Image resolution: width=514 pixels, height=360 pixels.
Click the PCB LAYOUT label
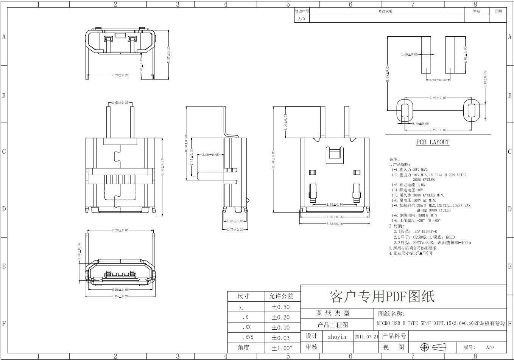pyautogui.click(x=433, y=142)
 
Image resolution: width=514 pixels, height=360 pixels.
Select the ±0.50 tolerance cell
pyautogui.click(x=280, y=307)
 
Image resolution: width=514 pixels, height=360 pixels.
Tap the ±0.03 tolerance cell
pyautogui.click(x=280, y=338)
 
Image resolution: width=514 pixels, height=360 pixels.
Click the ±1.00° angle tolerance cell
pyautogui.click(x=282, y=348)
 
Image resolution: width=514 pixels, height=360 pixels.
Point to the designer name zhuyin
pyautogui.click(x=337, y=337)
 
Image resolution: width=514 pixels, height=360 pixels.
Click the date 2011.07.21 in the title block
pyautogui.click(x=366, y=337)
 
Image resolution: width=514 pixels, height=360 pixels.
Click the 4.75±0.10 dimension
pyautogui.click(x=335, y=205)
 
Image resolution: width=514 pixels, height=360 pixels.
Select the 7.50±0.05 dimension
pyautogui.click(x=335, y=217)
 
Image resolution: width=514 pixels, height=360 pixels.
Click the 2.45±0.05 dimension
pyautogui.click(x=234, y=221)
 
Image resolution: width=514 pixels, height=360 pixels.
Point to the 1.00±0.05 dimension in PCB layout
pyautogui.click(x=410, y=54)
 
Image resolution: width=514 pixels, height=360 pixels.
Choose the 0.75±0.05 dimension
pyautogui.click(x=420, y=124)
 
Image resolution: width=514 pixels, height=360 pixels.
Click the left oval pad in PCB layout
pyautogui.click(x=405, y=110)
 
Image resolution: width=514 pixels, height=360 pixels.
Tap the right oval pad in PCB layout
pyautogui.click(x=471, y=110)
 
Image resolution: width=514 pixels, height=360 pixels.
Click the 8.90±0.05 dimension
pyautogui.click(x=120, y=290)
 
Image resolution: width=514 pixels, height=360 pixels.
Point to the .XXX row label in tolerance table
pyautogui.click(x=248, y=338)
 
